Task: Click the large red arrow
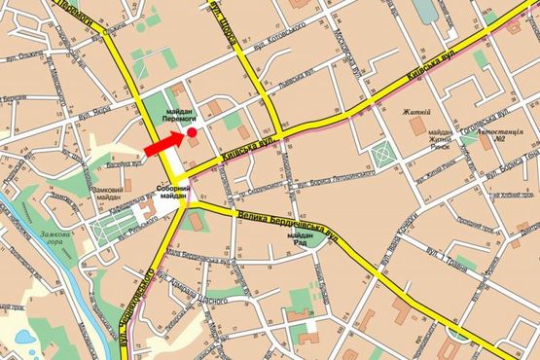[165, 143]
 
